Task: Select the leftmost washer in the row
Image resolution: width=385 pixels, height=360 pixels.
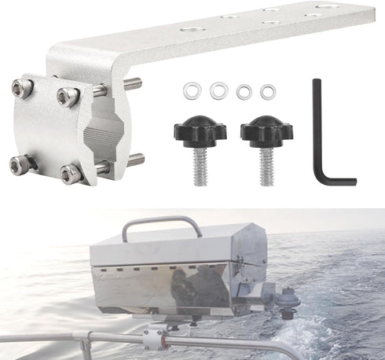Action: (x=190, y=90)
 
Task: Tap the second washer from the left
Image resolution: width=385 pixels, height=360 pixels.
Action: (x=218, y=90)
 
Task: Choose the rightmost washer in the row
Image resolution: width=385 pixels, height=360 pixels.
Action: (x=269, y=91)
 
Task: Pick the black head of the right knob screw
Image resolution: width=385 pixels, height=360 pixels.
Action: (x=266, y=130)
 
